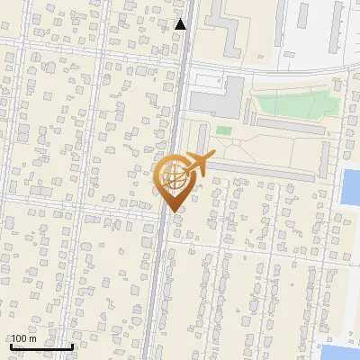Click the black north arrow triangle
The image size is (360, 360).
click(181, 24)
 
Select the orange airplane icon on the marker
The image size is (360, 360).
click(199, 163)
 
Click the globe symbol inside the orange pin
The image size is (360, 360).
click(173, 176)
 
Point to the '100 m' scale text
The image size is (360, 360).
click(23, 338)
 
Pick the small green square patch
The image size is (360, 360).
click(223, 131)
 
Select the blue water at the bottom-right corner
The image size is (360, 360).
click(343, 352)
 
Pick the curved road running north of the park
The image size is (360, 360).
click(270, 70)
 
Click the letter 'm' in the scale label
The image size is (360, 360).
click(32, 338)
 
